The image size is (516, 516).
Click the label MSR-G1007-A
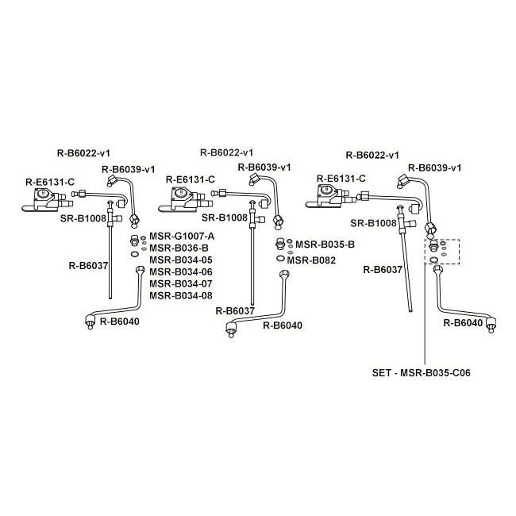(182, 237)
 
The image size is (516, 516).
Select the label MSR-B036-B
(179, 248)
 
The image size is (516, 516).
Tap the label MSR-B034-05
(181, 260)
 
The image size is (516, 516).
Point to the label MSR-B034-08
(181, 295)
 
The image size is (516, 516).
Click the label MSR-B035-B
(325, 245)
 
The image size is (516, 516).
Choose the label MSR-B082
(311, 260)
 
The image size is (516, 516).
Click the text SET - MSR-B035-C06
(422, 373)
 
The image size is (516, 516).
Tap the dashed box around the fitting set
(442, 240)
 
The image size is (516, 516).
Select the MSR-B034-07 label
(181, 283)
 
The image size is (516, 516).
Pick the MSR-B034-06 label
(181, 271)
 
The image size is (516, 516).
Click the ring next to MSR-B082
(280, 259)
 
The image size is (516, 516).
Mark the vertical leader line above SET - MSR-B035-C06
(425, 315)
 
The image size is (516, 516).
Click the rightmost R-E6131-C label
(341, 179)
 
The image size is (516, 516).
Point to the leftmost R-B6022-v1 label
(83, 153)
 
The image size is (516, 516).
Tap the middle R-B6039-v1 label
(264, 168)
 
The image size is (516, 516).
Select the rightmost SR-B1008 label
(373, 223)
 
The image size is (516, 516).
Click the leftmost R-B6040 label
(119, 322)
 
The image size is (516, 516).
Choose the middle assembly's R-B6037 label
(235, 310)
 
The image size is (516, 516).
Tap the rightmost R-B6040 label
(463, 323)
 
